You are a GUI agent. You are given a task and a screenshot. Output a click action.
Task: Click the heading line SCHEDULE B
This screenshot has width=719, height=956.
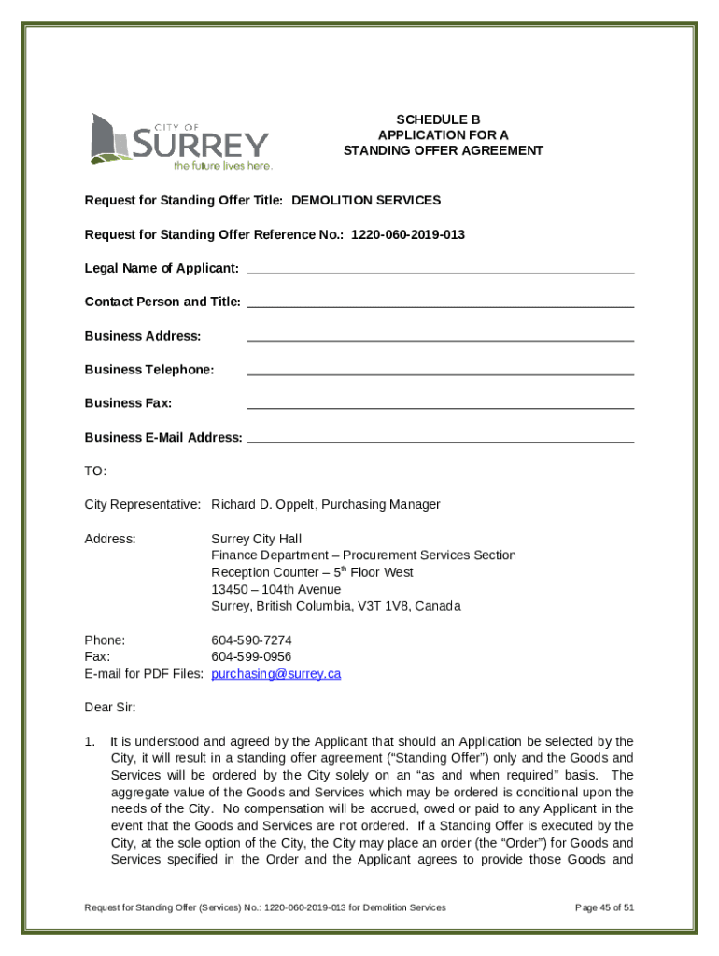coord(437,119)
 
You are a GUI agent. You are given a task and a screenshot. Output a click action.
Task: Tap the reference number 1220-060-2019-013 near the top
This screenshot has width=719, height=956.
coord(407,234)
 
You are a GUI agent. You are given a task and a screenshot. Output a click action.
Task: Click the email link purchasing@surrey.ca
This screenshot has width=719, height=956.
coord(275,673)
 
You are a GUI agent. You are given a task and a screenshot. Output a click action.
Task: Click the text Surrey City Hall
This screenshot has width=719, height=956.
coord(256,539)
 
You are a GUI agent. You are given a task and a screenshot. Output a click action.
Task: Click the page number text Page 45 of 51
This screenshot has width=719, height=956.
coord(605,907)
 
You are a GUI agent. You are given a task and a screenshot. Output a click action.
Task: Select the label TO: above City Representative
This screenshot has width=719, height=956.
coord(96,471)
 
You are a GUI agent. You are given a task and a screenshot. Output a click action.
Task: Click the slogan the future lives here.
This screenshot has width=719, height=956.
coord(222,165)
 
